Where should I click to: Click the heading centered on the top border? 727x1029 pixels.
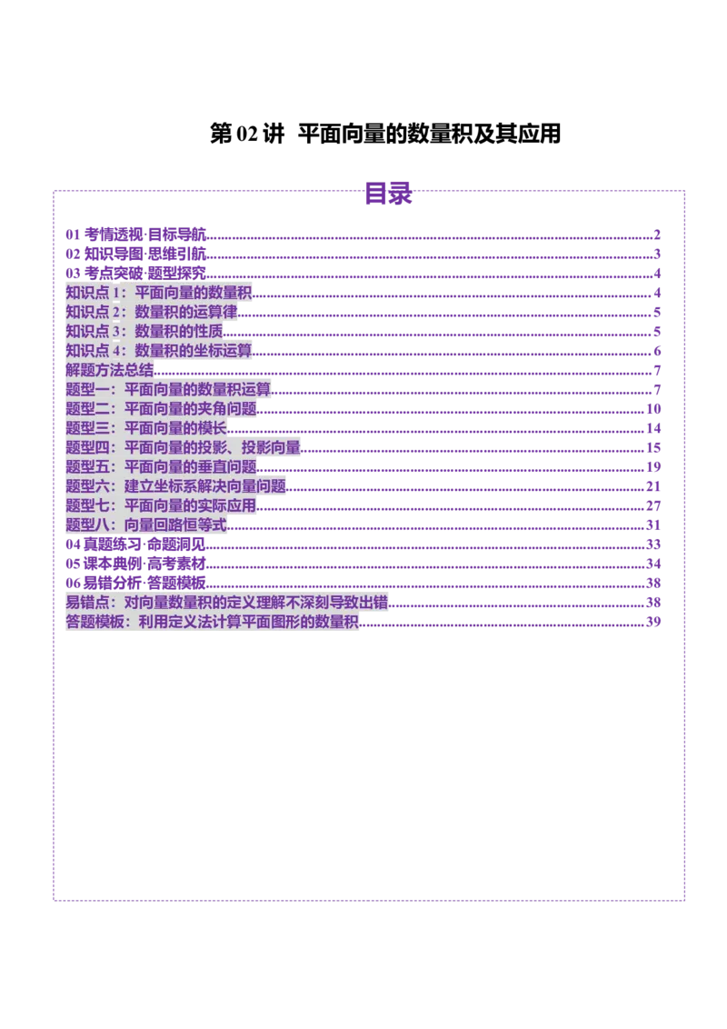388,194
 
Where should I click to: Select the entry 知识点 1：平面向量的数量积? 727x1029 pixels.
159,293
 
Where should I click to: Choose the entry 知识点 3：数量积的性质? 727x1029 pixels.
144,331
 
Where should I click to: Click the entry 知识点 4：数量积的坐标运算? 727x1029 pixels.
159,350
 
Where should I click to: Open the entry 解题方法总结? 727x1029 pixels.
110,370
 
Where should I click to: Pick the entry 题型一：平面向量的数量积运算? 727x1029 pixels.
169,389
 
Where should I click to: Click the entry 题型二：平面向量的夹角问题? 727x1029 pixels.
162,408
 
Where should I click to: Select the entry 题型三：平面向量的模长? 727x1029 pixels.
147,427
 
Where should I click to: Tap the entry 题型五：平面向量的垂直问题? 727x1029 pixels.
162,466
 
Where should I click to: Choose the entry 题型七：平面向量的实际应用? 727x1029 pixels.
162,505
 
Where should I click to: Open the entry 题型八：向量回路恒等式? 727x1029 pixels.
147,524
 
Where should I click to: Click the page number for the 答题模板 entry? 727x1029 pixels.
652,622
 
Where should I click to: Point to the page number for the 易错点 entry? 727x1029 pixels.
652,602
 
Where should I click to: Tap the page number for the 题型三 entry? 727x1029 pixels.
652,427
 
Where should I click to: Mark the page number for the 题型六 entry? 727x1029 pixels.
652,485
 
